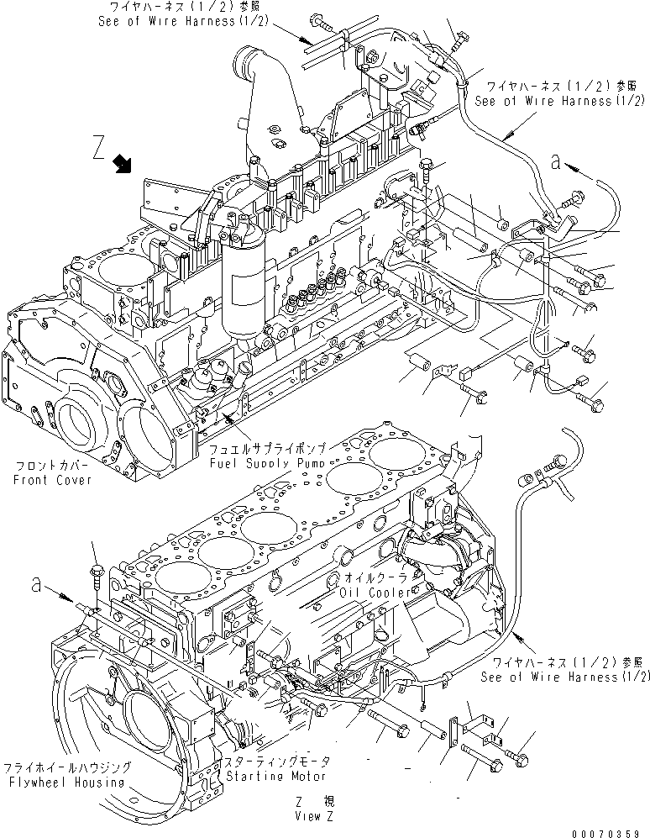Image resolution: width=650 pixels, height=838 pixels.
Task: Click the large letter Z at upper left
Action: tap(99, 150)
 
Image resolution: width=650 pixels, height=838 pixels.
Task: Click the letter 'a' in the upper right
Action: tap(555, 163)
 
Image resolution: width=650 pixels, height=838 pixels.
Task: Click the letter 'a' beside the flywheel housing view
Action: tap(34, 583)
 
